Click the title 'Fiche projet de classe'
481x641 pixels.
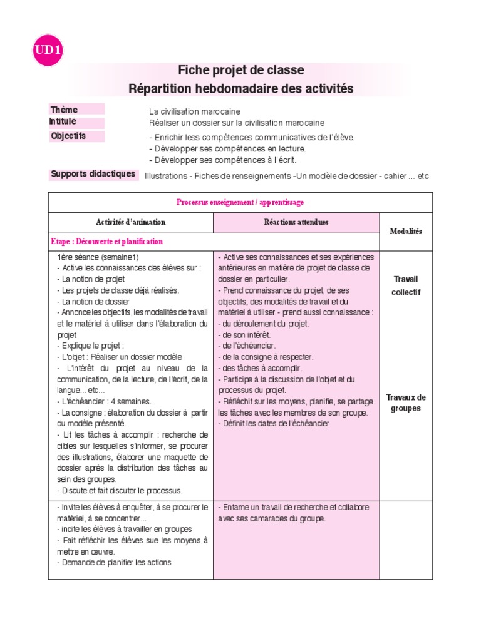[241, 69]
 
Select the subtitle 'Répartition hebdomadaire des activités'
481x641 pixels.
[241, 89]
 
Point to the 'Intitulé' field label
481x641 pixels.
[63, 122]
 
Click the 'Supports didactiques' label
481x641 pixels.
[93, 174]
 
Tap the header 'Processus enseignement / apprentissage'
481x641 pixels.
[240, 202]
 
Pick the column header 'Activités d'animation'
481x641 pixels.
[131, 222]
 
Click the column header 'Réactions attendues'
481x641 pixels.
[296, 222]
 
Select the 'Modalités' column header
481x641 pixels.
[406, 232]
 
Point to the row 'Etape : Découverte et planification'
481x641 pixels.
[107, 242]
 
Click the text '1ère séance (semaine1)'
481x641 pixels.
[98, 257]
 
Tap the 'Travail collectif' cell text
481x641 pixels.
[406, 286]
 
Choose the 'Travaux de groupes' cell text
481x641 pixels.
[406, 403]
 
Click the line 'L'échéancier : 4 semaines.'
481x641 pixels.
[104, 401]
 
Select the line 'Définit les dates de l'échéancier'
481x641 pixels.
[274, 424]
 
